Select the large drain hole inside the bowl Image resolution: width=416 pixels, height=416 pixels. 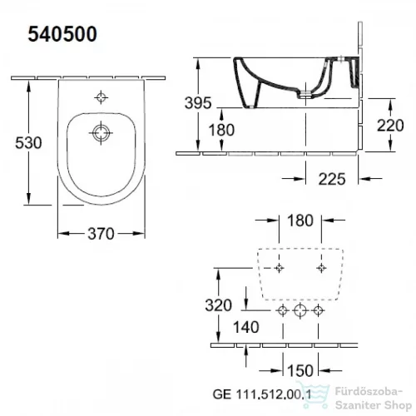click(101, 132)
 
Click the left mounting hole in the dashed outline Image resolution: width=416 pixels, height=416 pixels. click(280, 267)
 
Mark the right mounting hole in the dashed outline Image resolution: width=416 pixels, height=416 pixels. click(321, 267)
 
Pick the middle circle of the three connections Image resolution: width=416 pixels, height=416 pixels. click(300, 311)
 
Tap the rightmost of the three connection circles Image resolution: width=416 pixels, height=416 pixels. click(317, 311)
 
